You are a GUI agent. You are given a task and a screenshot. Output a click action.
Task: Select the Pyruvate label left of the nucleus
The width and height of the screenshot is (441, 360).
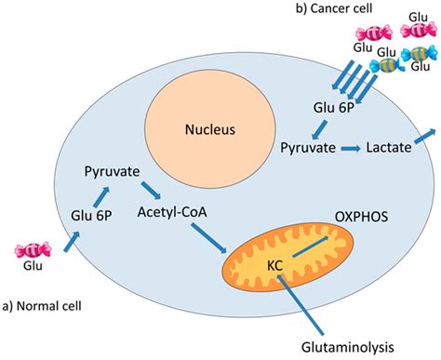112,174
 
